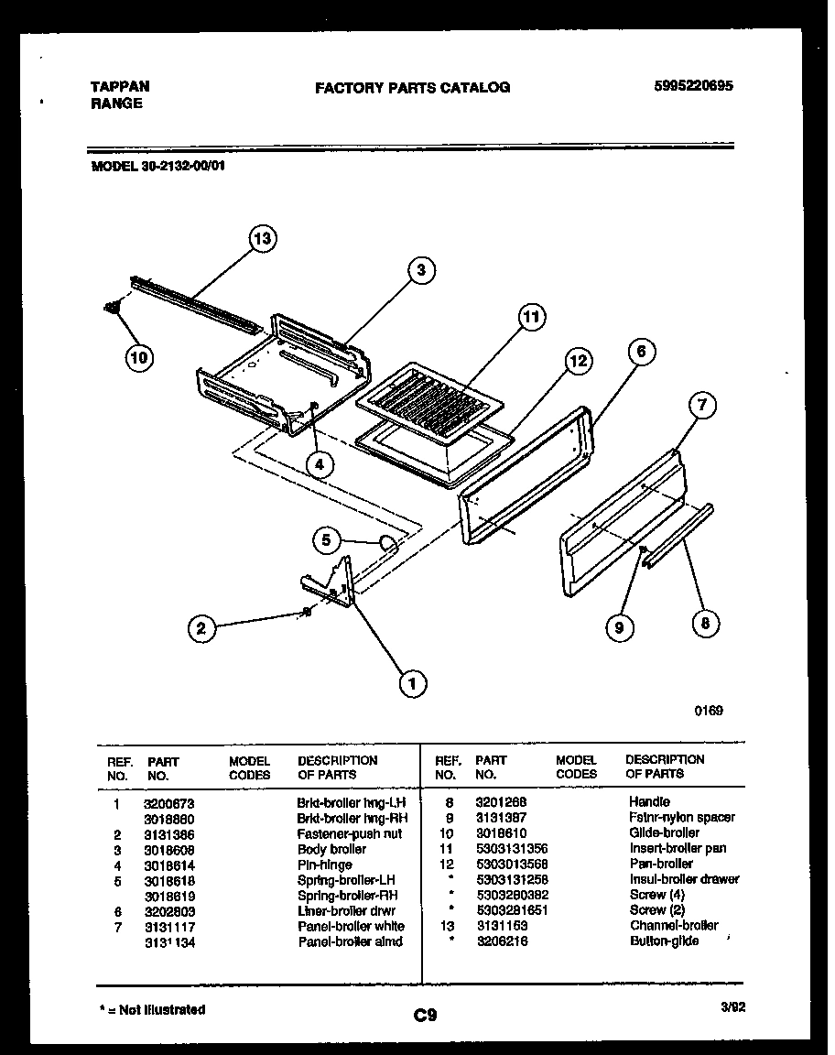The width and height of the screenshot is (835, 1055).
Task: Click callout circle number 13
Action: pos(263,239)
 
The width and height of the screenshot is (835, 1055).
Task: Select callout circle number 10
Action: pos(138,357)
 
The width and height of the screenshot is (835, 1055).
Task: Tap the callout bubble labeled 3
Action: pos(420,270)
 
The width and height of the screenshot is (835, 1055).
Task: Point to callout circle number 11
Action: pos(529,318)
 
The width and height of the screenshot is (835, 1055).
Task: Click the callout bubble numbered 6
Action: pos(642,351)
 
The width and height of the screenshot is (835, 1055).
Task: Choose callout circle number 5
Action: pos(325,540)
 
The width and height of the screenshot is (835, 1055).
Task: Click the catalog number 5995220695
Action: pos(694,87)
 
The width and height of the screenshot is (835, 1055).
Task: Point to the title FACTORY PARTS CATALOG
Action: pos(412,88)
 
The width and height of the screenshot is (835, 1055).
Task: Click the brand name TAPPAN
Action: pos(120,86)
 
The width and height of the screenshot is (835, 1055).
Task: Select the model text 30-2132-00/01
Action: pos(187,167)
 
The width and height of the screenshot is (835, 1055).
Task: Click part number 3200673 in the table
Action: pos(169,803)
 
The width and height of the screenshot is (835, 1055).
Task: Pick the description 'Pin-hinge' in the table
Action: pos(324,865)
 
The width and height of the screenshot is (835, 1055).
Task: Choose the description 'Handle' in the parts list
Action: pos(649,801)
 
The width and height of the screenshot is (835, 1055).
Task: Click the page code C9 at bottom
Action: pos(425,1015)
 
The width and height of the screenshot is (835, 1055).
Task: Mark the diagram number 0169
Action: pos(709,710)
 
